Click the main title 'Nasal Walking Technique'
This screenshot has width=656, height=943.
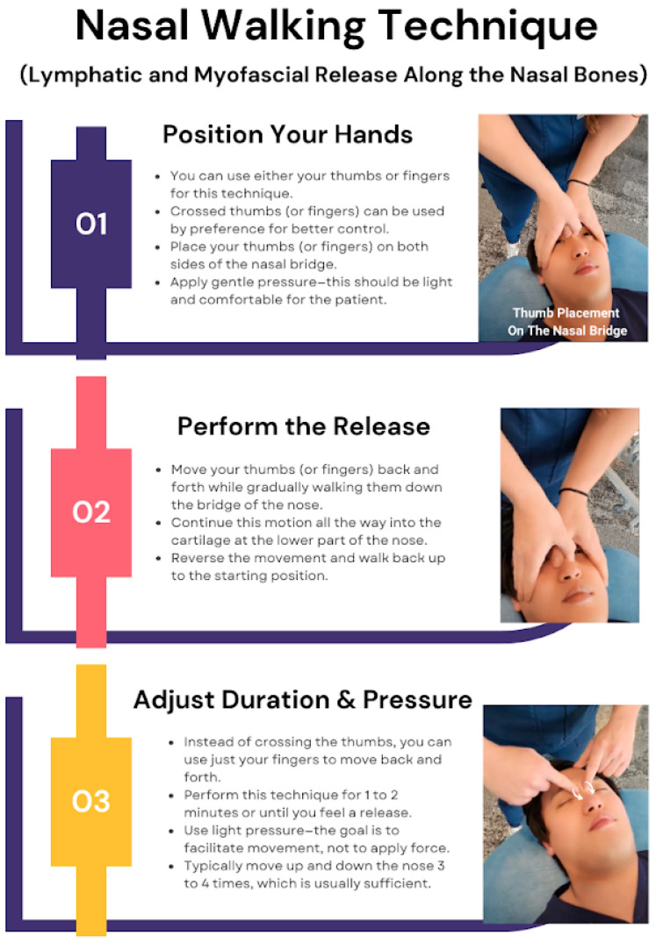(x=336, y=27)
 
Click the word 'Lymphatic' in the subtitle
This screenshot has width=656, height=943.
(x=83, y=75)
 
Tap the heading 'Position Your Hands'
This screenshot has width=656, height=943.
(x=288, y=134)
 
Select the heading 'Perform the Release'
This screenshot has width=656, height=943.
(x=304, y=426)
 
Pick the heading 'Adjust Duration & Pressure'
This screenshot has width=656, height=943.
(x=303, y=699)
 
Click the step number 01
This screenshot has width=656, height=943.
(x=91, y=224)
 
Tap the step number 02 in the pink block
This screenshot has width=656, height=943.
(x=91, y=512)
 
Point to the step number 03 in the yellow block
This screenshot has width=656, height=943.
(x=91, y=801)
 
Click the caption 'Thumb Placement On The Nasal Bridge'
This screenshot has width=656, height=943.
(x=567, y=322)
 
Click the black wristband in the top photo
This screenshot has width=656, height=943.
(x=580, y=182)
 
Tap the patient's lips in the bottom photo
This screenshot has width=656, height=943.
(x=602, y=822)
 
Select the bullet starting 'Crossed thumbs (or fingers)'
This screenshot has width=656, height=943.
(x=307, y=220)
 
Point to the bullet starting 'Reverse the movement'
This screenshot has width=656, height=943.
(x=307, y=567)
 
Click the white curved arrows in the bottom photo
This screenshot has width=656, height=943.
(x=582, y=789)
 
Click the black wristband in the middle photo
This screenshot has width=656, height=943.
(x=573, y=492)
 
